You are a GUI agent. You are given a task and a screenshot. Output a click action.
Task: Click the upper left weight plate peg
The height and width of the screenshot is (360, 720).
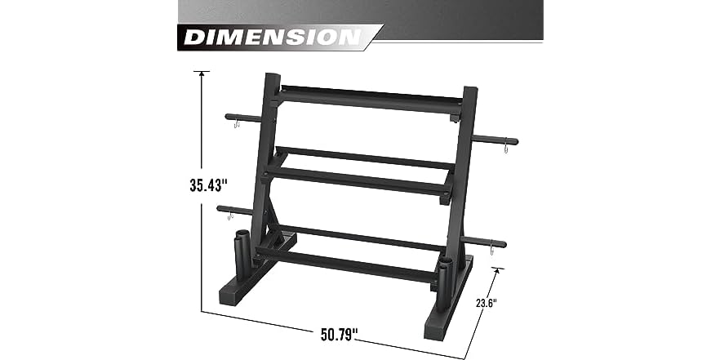244,118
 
